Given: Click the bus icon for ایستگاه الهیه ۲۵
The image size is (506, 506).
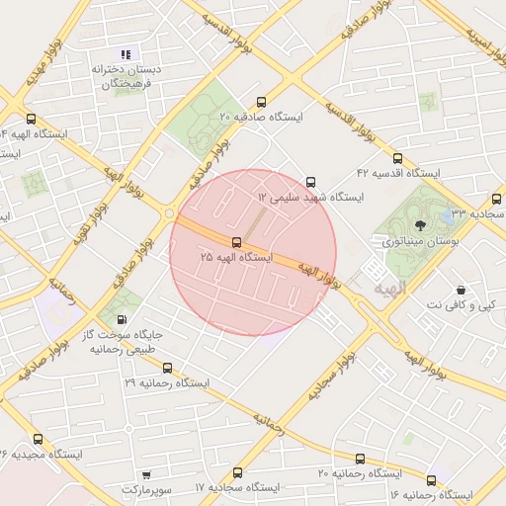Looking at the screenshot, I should pyautogui.click(x=236, y=242).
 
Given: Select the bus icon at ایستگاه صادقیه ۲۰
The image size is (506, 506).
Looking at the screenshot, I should pyautogui.click(x=261, y=102).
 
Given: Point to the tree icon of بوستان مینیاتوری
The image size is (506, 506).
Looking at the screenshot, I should pyautogui.click(x=420, y=226).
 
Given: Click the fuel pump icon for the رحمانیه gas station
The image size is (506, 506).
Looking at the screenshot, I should pyautogui.click(x=122, y=320).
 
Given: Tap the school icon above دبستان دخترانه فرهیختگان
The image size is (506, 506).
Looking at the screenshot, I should pyautogui.click(x=126, y=54).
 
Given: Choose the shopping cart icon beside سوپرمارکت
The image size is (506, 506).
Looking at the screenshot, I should pyautogui.click(x=147, y=475).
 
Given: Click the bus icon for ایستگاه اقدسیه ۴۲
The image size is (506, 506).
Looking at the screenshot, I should pyautogui.click(x=397, y=158).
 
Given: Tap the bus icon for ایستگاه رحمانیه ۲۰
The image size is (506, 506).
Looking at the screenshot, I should pyautogui.click(x=360, y=460).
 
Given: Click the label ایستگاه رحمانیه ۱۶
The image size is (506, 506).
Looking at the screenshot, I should pyautogui.click(x=434, y=493).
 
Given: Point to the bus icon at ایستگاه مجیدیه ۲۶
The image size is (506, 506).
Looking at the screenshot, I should pyautogui.click(x=38, y=439).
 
